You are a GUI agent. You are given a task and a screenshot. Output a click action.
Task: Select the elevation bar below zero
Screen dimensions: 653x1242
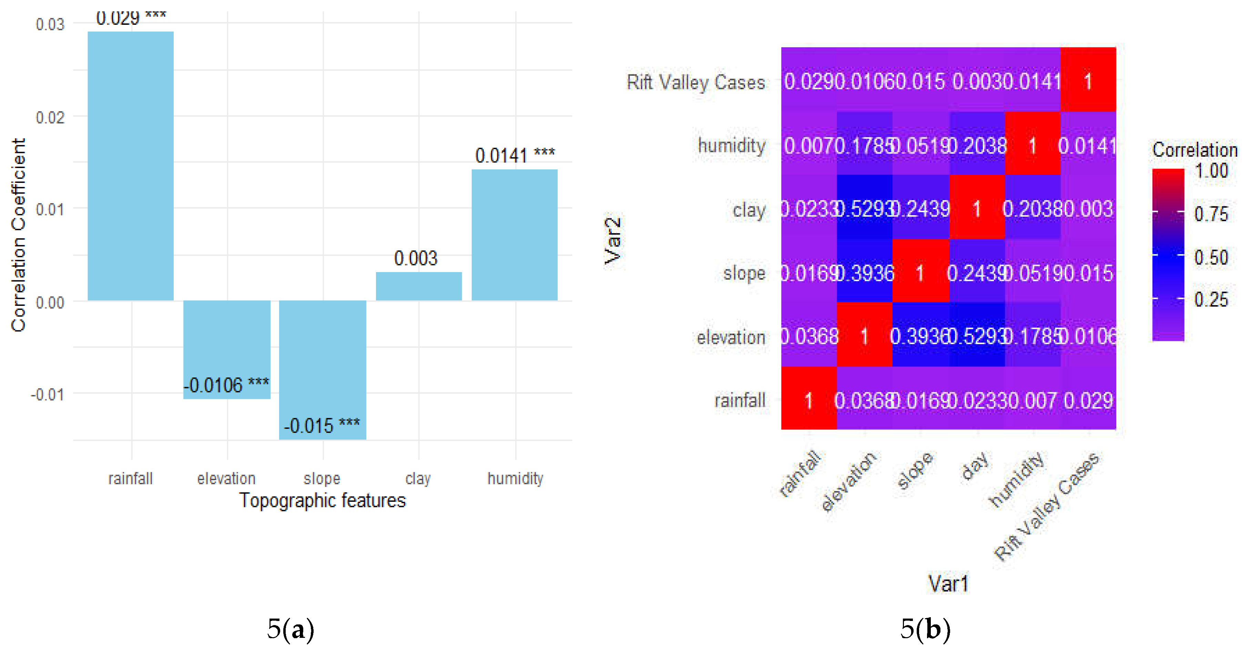227,349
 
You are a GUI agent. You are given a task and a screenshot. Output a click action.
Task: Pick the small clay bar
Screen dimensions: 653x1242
418,286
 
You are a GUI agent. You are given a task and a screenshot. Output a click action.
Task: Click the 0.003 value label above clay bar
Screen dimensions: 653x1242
416,258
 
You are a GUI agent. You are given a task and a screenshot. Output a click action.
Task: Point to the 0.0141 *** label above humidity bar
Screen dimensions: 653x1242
515,155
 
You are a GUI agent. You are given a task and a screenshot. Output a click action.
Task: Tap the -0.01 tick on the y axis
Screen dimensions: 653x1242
47,395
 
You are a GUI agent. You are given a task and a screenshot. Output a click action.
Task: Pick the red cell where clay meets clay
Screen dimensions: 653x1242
977,207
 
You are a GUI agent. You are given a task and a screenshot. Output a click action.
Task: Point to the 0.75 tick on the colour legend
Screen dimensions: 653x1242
1210,214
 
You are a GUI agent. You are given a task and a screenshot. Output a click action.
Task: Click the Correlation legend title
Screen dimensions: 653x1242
1194,150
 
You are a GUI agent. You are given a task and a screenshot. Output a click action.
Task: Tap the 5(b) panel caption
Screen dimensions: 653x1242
925,629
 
